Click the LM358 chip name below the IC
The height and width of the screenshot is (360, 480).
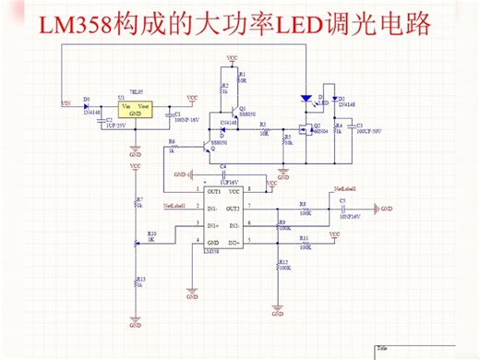tap(210, 249)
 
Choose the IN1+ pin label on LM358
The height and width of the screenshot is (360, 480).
tap(212, 224)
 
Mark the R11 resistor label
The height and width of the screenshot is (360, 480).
tap(304, 237)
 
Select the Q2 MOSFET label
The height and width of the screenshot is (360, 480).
tap(317, 125)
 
